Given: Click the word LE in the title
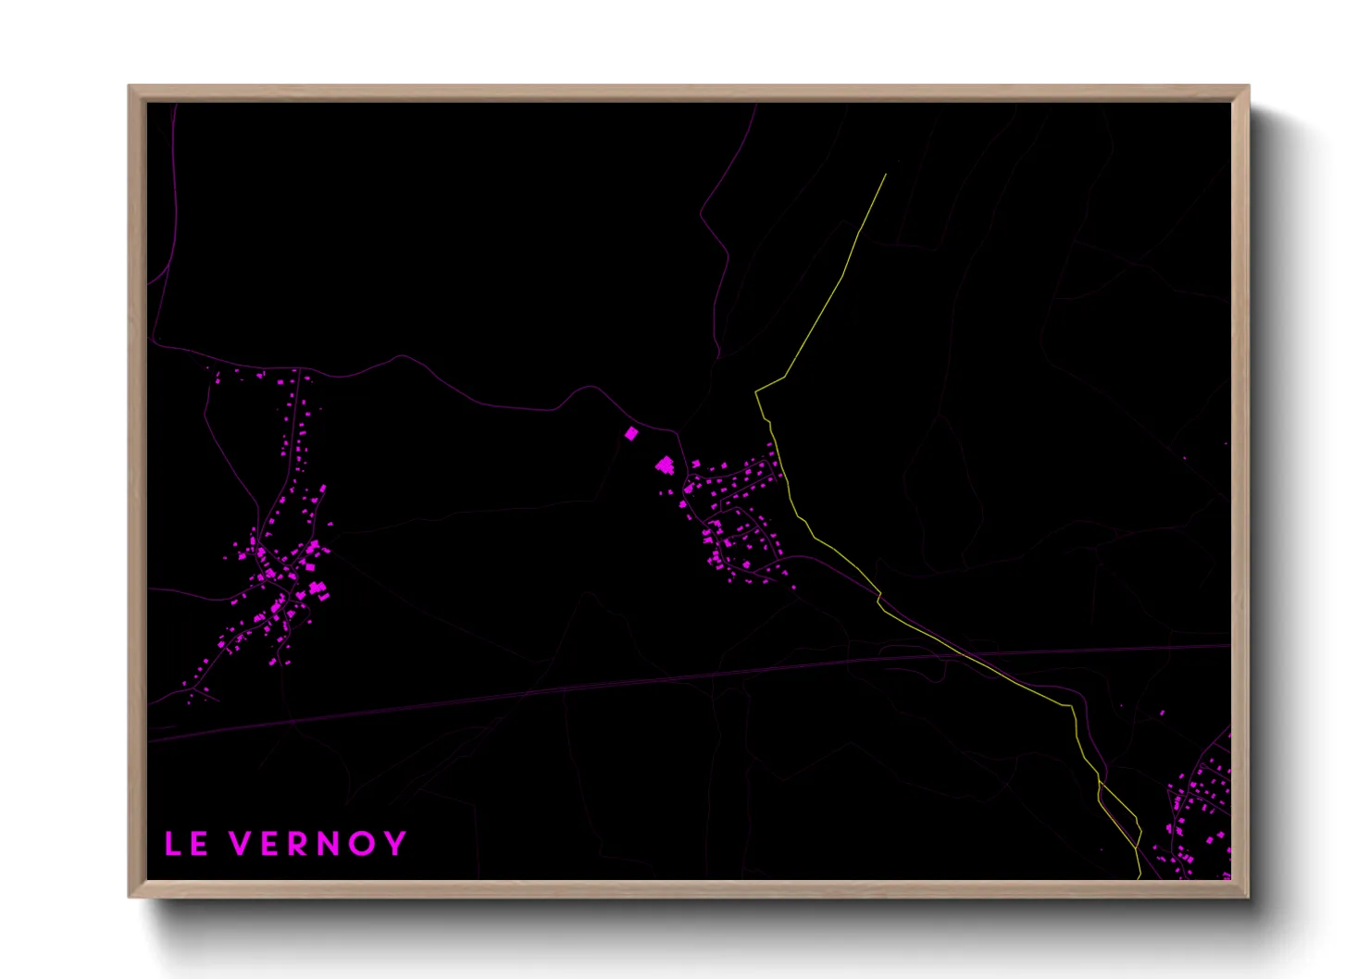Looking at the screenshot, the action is click(186, 844).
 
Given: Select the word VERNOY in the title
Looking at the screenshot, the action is click(318, 844).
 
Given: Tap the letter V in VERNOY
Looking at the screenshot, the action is click(240, 844).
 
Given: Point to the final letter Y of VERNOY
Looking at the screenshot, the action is click(395, 844).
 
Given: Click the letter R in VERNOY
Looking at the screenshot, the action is click(297, 844).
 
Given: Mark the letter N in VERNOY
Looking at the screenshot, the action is click(330, 844).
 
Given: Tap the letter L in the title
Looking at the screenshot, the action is click(172, 844).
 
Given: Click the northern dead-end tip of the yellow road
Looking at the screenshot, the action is click(886, 174).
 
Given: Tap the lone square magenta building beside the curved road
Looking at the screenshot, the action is click(631, 433).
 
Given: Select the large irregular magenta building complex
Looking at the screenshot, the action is click(665, 465).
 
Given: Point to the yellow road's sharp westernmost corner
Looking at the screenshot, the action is click(756, 392).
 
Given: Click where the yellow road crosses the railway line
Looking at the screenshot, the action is click(959, 653).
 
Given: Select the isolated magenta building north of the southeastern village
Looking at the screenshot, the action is click(1162, 713).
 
